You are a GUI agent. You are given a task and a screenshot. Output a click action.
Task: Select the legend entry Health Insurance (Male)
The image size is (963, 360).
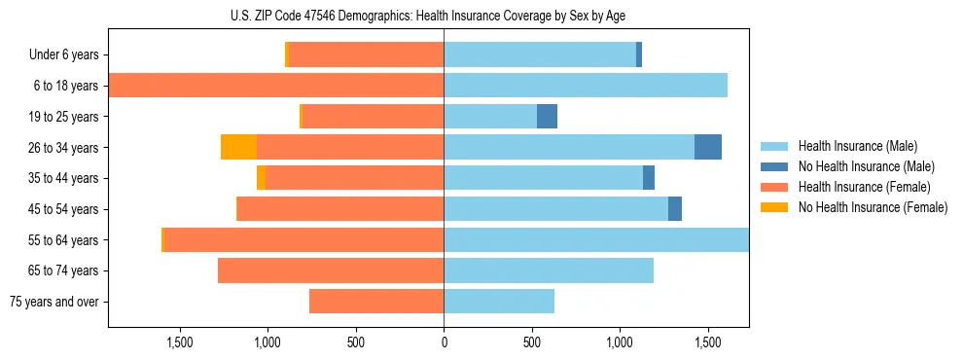coord(857,146)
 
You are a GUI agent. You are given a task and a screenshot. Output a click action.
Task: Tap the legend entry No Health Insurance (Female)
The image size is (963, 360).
coord(873,207)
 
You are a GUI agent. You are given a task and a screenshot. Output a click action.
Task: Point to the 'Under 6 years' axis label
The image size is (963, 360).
coord(63,55)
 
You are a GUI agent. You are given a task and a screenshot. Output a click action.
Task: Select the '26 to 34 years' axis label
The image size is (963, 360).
coord(63,148)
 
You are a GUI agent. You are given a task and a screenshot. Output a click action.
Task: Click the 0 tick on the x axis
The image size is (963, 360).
coord(444,342)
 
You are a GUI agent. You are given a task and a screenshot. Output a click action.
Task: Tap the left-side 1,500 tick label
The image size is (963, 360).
coord(179,342)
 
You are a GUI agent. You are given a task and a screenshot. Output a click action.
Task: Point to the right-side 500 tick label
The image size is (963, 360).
coord(532,342)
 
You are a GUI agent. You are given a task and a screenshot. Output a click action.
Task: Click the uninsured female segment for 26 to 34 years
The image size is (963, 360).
coord(238,147)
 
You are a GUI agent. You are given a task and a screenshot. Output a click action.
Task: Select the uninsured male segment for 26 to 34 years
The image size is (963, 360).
coord(708,147)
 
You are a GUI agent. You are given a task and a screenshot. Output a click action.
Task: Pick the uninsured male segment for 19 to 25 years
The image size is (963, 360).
coord(547,117)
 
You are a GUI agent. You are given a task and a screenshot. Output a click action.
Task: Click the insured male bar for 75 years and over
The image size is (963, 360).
coord(499,302)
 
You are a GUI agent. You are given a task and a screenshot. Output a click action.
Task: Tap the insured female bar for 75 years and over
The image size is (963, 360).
coord(376,302)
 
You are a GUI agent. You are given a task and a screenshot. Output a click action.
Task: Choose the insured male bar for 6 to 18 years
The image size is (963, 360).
coord(586,86)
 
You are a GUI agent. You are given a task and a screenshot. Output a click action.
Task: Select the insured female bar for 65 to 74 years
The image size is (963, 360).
coord(331,270)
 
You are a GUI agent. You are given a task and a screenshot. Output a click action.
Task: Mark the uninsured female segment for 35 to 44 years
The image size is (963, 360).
coord(261,178)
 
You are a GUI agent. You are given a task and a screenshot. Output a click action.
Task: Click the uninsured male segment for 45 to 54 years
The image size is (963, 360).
coord(675,209)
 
